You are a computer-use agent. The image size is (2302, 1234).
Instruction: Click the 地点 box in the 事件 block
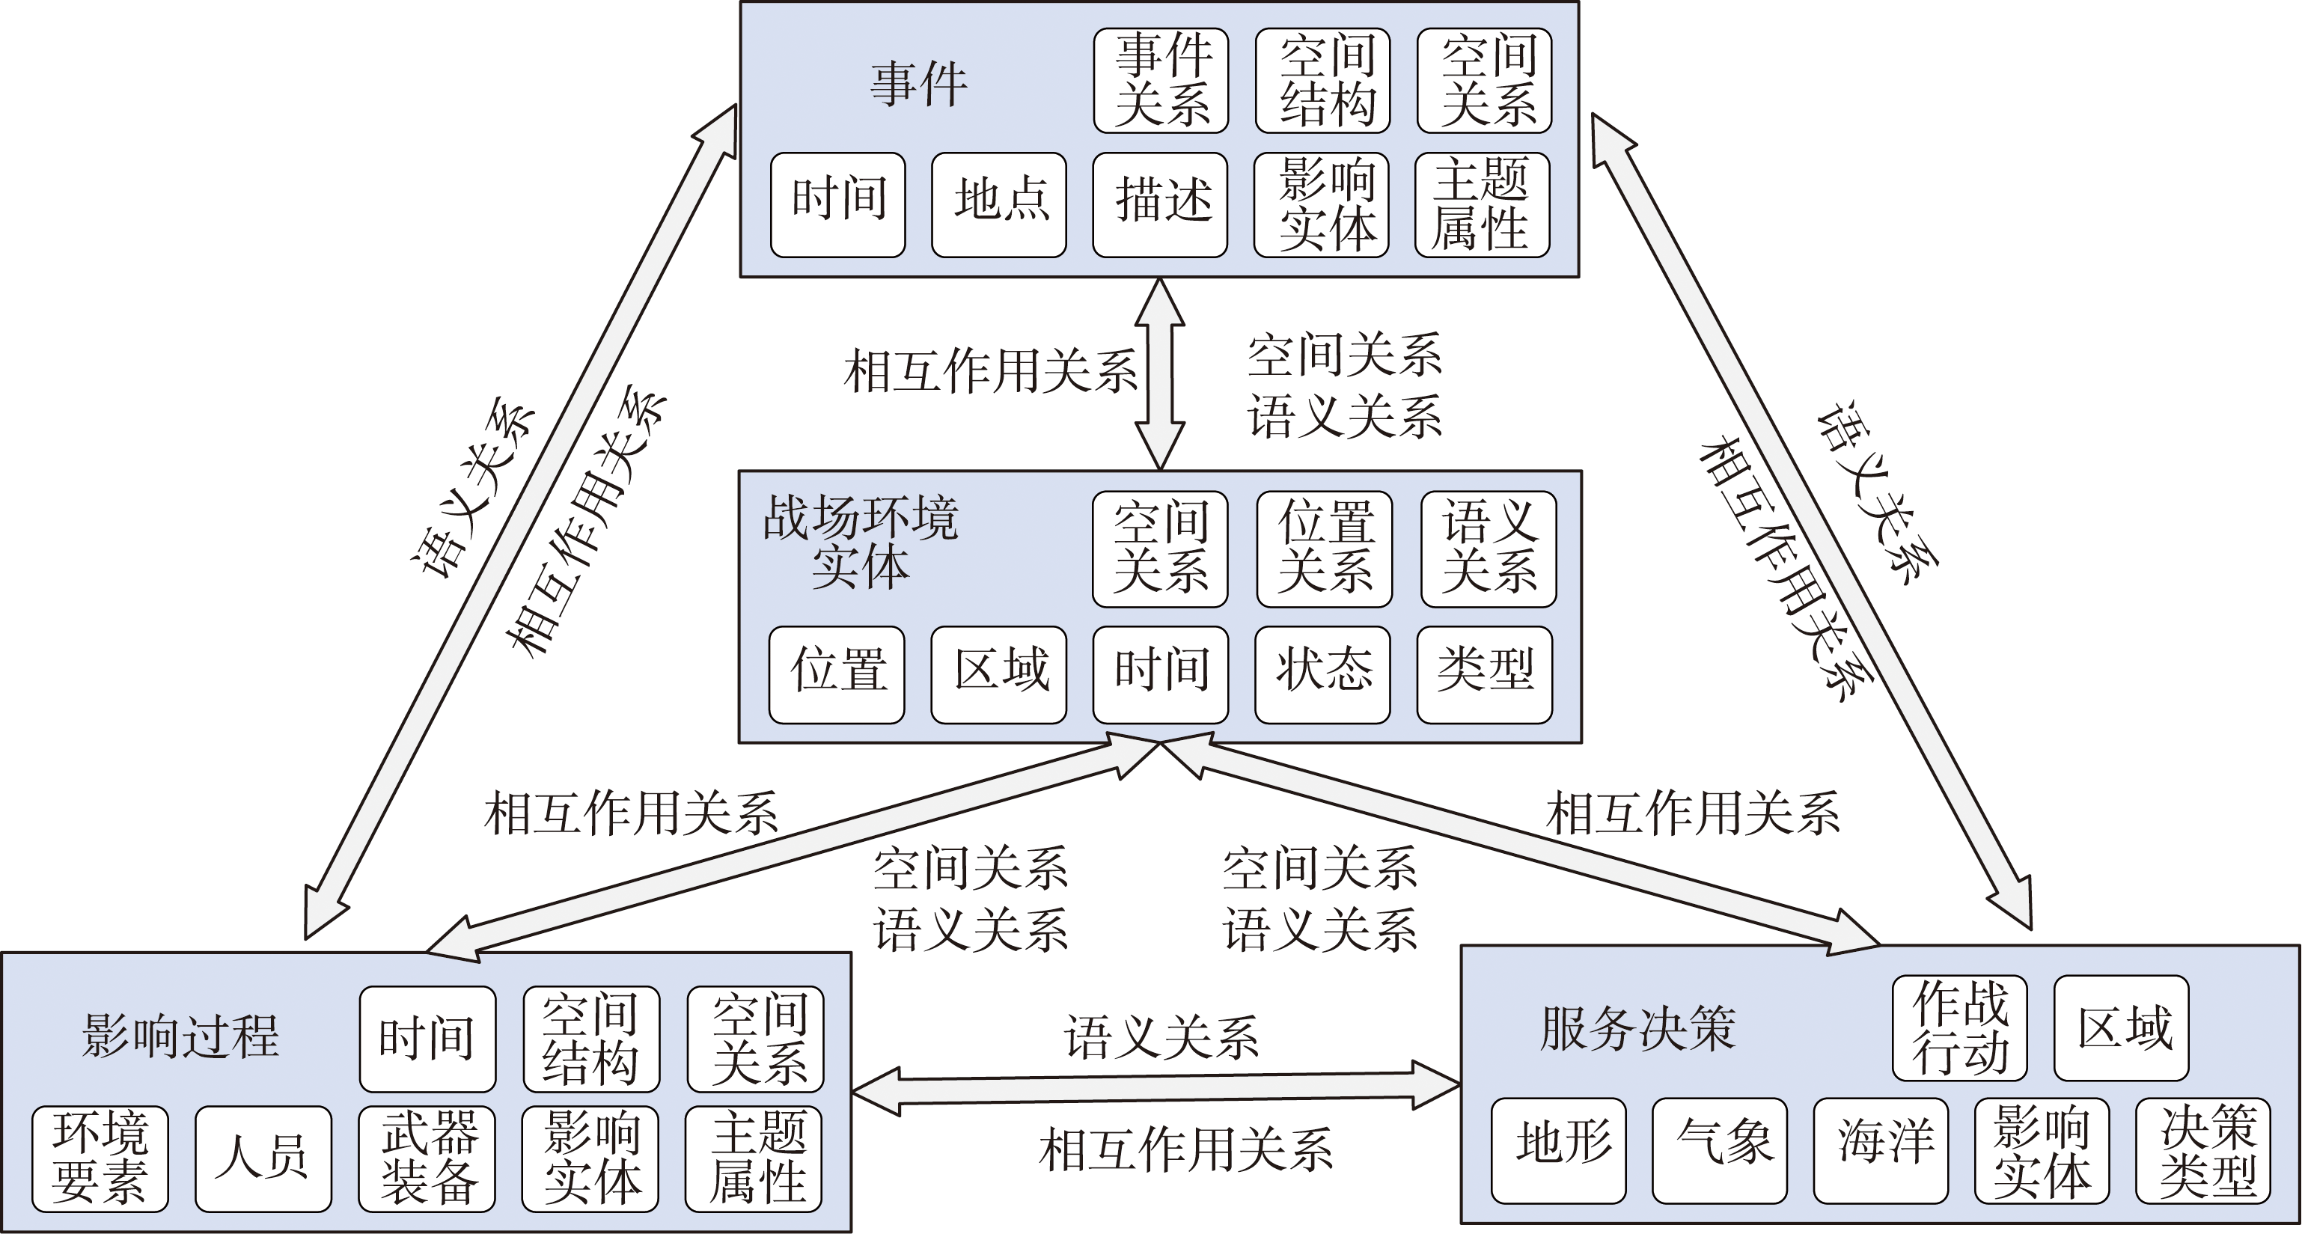[x=999, y=204]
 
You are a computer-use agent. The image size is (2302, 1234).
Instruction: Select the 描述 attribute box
[x=1160, y=204]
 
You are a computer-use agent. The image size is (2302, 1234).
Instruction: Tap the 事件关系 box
[x=1161, y=80]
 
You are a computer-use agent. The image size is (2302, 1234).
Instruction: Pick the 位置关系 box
[x=1325, y=549]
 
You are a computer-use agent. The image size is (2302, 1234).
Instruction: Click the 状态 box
[x=1322, y=675]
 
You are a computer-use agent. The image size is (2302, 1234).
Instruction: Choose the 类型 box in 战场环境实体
[x=1484, y=675]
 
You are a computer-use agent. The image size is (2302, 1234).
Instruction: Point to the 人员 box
[x=263, y=1158]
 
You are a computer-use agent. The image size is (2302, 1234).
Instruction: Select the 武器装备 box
[x=427, y=1158]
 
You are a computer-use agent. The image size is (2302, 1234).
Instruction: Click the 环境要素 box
[x=100, y=1158]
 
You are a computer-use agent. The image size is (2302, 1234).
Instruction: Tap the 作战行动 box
[x=1960, y=1027]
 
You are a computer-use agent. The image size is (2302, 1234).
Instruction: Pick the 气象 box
[x=1719, y=1150]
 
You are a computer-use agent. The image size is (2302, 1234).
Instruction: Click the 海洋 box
[x=1881, y=1150]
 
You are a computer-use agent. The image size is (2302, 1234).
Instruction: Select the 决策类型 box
[x=2202, y=1150]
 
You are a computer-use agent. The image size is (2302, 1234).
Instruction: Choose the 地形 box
[x=1559, y=1150]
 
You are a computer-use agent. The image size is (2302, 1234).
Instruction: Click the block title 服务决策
[x=1638, y=1028]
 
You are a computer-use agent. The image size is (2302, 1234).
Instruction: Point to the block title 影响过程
[x=180, y=1036]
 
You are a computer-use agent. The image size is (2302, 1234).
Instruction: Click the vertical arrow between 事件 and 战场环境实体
[x=1160, y=373]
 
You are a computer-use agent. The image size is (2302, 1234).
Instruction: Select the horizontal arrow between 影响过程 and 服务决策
[x=1155, y=1088]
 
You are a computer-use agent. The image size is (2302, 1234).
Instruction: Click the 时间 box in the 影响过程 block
[x=428, y=1039]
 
